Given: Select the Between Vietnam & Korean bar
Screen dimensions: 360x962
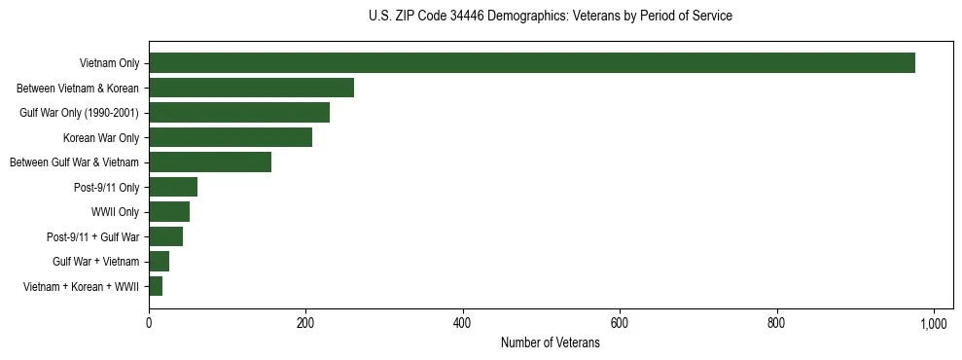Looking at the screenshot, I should pos(251,88).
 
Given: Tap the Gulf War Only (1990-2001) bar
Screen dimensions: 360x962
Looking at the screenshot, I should pos(239,113).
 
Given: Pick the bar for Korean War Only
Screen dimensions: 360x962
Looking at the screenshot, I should pos(231,137).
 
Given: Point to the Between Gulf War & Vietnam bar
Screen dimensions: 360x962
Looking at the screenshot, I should pos(210,162).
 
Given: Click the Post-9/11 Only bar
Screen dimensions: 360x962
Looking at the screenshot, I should pos(173,187).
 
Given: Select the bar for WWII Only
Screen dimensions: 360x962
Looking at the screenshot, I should pos(169,212).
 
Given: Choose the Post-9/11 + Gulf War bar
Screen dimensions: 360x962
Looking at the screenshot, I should pos(165,236).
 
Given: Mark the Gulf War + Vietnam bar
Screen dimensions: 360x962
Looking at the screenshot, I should pos(159,262).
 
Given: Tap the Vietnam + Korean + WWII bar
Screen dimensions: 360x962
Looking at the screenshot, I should pos(156,286).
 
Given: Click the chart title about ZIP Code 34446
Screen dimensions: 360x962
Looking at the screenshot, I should pos(551,17).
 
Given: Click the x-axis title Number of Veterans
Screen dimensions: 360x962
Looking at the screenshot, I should pos(551,343).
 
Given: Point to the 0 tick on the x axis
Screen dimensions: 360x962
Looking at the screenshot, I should pos(149,322).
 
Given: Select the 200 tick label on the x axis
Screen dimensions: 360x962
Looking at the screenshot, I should pos(305,322).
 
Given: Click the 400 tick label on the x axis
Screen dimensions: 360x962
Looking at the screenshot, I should pos(463,322).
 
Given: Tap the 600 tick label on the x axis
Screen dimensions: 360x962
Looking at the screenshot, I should pos(620,322).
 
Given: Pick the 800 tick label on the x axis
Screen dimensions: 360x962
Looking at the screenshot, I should pos(777,322).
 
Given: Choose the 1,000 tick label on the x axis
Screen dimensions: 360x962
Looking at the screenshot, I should pos(934,322).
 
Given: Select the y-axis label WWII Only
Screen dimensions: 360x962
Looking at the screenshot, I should pos(115,212).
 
